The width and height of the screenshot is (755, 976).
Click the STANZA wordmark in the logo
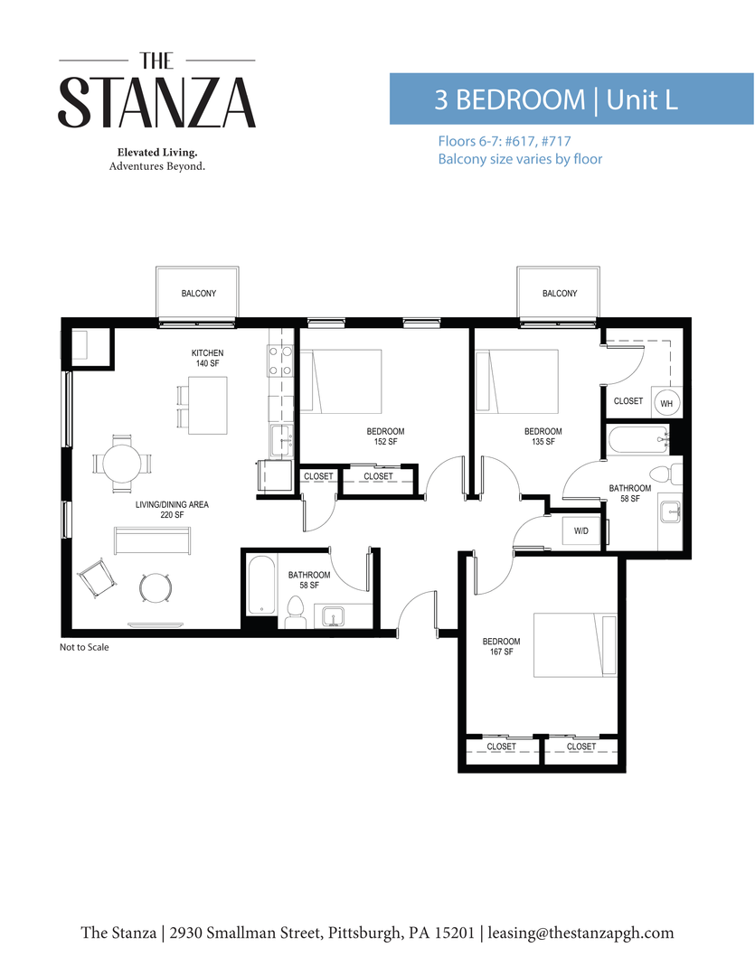157,101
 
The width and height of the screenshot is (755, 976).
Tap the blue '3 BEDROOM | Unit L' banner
571,99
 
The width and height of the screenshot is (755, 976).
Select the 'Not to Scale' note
84,647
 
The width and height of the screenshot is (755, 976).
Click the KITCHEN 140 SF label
207,358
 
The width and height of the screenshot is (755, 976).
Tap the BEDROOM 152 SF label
385,436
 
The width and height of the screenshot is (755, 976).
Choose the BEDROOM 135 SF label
543,436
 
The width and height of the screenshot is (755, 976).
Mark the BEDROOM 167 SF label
502,647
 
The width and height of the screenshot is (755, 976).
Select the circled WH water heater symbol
666,403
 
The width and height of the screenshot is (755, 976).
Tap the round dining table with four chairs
122,464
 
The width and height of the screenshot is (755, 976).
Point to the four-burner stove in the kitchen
279,361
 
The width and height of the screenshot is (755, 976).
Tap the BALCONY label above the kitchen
198,294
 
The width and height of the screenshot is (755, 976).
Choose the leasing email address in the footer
580,933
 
